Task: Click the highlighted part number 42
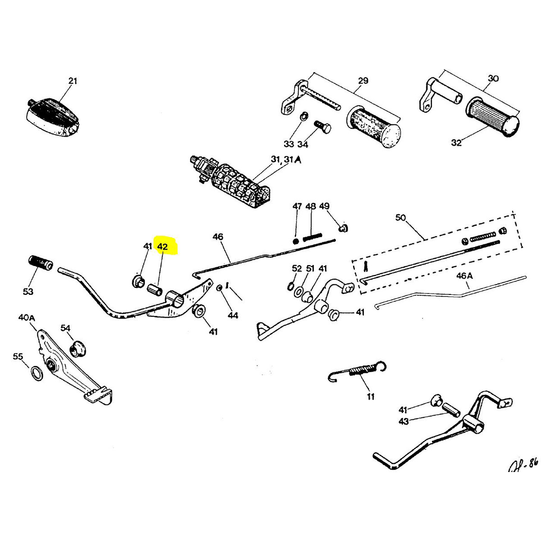point(162,247)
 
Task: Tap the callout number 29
point(363,81)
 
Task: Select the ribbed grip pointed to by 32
point(492,117)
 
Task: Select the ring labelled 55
point(37,374)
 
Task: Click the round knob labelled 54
point(79,348)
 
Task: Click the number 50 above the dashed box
point(400,218)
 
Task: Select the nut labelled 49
point(344,228)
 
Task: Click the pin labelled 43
point(450,410)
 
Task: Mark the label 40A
point(26,317)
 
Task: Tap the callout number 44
point(233,315)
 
